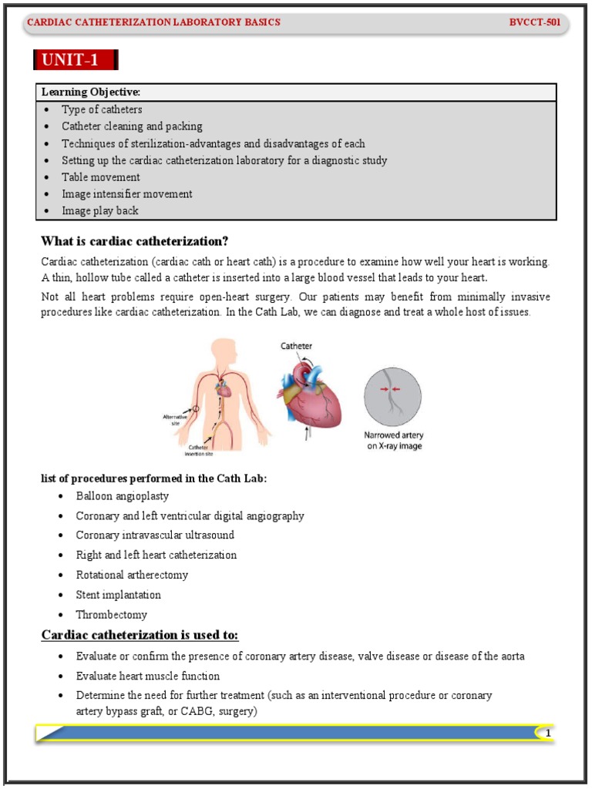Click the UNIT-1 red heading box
[76, 60]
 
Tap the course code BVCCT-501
[534, 22]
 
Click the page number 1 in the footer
[548, 734]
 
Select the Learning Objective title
[91, 92]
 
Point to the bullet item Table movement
[101, 177]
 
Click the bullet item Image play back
[100, 210]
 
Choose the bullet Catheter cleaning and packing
[132, 126]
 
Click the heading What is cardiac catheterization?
[135, 240]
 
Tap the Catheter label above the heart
[296, 347]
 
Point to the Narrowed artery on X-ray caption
[393, 441]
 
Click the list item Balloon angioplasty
[122, 496]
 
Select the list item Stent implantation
[118, 595]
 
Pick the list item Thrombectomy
[111, 615]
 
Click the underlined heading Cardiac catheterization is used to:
[140, 635]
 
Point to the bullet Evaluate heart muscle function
[147, 676]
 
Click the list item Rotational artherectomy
[132, 575]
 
